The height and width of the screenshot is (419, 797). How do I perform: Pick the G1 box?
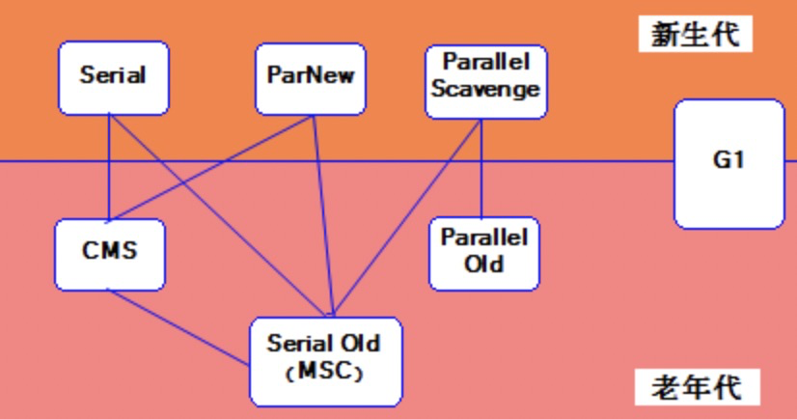click(x=728, y=161)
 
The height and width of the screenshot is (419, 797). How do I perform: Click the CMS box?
click(x=109, y=253)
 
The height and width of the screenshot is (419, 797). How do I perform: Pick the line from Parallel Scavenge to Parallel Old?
click(x=481, y=166)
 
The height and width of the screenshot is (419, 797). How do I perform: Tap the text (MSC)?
click(x=324, y=372)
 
